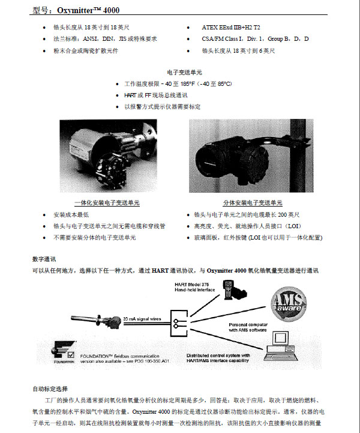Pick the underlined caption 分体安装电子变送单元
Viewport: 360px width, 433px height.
click(x=252, y=203)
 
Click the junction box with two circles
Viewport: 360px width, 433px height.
click(x=178, y=323)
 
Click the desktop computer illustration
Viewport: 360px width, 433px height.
click(x=286, y=347)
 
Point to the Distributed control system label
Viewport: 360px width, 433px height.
click(x=224, y=357)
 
